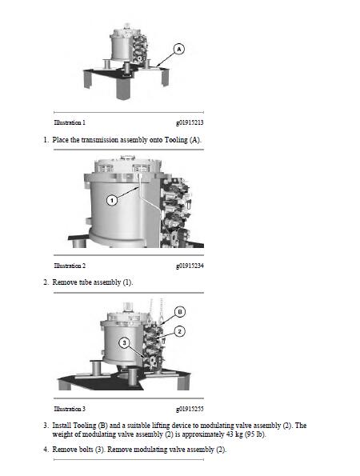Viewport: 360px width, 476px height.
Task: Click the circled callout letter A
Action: coord(179,50)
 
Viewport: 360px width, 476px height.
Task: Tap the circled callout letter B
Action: coord(181,311)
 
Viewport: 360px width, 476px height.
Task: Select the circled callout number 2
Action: coord(181,331)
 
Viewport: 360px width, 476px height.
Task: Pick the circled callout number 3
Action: coord(124,342)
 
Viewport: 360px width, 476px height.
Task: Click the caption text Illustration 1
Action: coord(70,122)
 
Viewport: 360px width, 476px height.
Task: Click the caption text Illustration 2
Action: coord(70,265)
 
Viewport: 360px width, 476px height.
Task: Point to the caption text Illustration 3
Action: coord(70,408)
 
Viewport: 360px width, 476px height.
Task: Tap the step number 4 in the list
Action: coord(45,450)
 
